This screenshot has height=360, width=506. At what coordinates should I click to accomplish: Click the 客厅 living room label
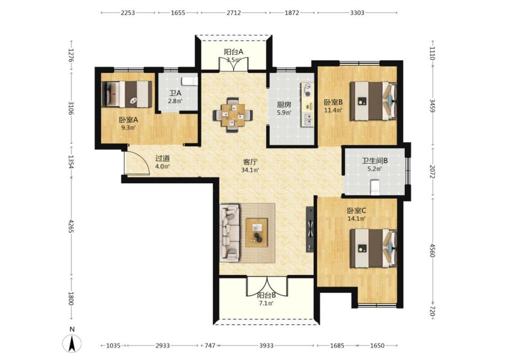pyautogui.click(x=250, y=162)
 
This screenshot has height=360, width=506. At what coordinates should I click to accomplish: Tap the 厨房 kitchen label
pyautogui.click(x=284, y=104)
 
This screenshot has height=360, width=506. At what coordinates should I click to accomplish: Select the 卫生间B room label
pyautogui.click(x=375, y=161)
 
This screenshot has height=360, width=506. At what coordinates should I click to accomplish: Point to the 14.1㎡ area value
pyautogui.click(x=356, y=219)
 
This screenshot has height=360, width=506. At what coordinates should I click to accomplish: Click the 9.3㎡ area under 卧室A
pyautogui.click(x=128, y=127)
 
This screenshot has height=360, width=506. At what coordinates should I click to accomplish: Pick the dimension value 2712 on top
pyautogui.click(x=233, y=13)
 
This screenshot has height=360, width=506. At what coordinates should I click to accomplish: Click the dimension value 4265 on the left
pyautogui.click(x=71, y=227)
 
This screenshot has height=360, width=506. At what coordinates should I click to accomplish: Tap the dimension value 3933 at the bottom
pyautogui.click(x=266, y=346)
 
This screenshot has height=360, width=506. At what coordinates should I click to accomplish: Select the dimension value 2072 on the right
pyautogui.click(x=432, y=171)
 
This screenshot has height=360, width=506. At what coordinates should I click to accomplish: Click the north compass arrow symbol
pyautogui.click(x=72, y=343)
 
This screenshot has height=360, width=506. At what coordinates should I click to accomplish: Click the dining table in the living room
pyautogui.click(x=233, y=115)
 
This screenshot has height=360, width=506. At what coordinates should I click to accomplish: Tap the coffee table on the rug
pyautogui.click(x=257, y=233)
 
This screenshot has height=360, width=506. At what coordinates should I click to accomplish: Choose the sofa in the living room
pyautogui.click(x=230, y=233)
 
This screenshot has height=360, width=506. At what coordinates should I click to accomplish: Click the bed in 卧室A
pyautogui.click(x=127, y=94)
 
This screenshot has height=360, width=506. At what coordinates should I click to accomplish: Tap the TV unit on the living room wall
pyautogui.click(x=310, y=229)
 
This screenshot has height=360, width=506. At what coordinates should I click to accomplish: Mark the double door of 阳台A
pyautogui.click(x=233, y=64)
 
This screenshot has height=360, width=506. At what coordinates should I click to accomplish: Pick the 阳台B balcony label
pyautogui.click(x=266, y=295)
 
